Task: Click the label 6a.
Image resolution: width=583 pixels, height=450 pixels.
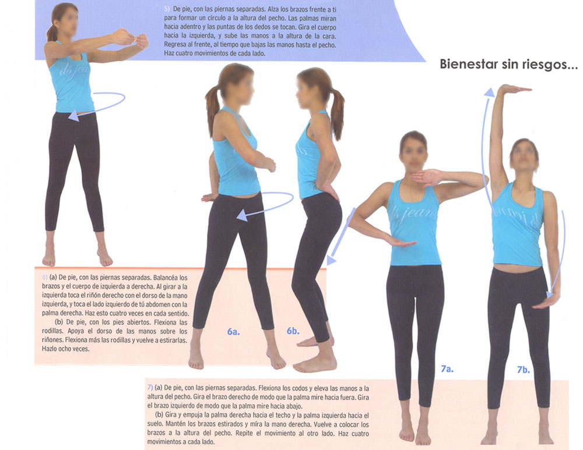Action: tap(234, 332)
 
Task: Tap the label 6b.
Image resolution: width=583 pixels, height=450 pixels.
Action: tap(293, 331)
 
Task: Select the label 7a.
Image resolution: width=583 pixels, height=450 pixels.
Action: tap(447, 368)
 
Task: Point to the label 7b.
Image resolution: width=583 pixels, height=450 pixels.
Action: tap(523, 370)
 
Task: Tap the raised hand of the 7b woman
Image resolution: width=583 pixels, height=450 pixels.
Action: tap(514, 88)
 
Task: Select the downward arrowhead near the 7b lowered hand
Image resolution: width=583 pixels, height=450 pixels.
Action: tap(552, 293)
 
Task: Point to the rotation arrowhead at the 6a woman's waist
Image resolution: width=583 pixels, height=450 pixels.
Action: tap(242, 215)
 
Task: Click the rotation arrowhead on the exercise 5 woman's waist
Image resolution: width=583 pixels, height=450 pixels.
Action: tap(73, 115)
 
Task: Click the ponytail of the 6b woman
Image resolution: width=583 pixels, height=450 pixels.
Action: tap(337, 114)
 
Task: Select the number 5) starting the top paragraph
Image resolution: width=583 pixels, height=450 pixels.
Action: tap(167, 9)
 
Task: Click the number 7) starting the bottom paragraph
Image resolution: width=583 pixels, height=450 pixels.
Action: tap(150, 388)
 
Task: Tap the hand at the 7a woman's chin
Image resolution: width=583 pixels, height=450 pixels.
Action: tap(427, 178)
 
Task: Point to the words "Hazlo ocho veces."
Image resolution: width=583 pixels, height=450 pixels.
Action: tap(65, 349)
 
